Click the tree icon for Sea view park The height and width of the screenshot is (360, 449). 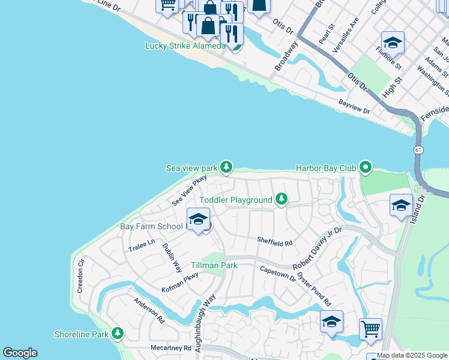click(226, 167)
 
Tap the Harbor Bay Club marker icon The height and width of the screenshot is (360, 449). click(366, 167)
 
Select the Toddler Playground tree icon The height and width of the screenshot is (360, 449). click(281, 199)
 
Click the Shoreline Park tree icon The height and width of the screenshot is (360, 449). click(118, 334)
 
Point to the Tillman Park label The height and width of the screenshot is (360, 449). click(214, 265)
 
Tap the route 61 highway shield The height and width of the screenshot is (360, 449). click(416, 148)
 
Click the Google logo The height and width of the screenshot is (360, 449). click(20, 353)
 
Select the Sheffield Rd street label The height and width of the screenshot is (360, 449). click(274, 243)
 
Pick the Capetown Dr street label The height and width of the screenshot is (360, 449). click(277, 273)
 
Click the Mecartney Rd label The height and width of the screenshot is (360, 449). click(170, 347)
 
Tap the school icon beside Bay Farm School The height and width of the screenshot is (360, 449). click(198, 218)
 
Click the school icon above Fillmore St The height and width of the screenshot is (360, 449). click(393, 42)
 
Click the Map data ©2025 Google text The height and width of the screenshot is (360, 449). click(412, 355)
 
